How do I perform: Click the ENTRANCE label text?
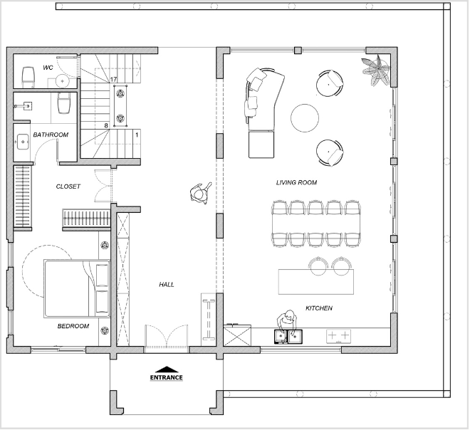(167, 377)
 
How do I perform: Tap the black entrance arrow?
(167, 369)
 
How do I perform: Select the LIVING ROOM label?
(296, 182)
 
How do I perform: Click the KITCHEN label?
(319, 308)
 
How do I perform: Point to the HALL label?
(167, 284)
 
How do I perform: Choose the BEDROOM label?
(73, 326)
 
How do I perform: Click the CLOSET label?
(68, 187)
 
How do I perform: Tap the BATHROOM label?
(51, 135)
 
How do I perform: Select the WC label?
(48, 68)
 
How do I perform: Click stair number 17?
(113, 80)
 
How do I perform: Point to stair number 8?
(106, 125)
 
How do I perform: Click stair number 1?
(137, 135)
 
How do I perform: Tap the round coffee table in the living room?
(305, 118)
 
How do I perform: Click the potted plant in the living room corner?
(375, 70)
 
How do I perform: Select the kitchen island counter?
(316, 282)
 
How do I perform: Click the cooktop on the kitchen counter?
(338, 336)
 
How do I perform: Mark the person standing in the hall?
(201, 193)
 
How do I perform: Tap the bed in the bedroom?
(76, 288)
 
